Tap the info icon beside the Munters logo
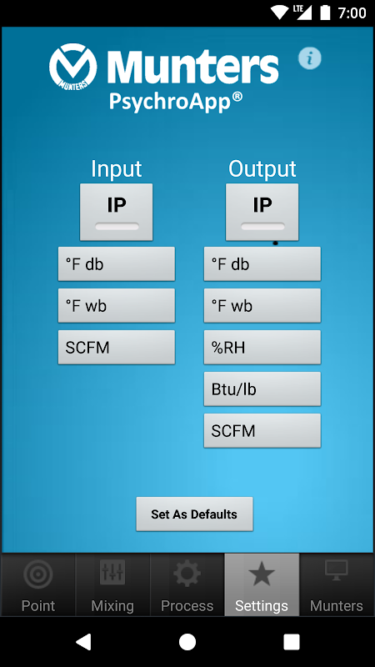point(309,58)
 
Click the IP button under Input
point(116,212)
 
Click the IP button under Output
point(262,212)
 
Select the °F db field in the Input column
point(116,263)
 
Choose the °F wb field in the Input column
point(116,305)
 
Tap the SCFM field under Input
point(116,347)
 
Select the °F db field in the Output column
point(262,263)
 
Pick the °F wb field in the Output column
point(262,305)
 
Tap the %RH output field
point(262,347)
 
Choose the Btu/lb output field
point(262,389)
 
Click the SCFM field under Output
point(262,430)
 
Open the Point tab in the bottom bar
point(38,585)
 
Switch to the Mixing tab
point(112,585)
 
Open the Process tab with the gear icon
point(187,585)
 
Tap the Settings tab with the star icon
point(262,585)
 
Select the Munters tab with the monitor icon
point(337,585)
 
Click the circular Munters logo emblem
point(72,66)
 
